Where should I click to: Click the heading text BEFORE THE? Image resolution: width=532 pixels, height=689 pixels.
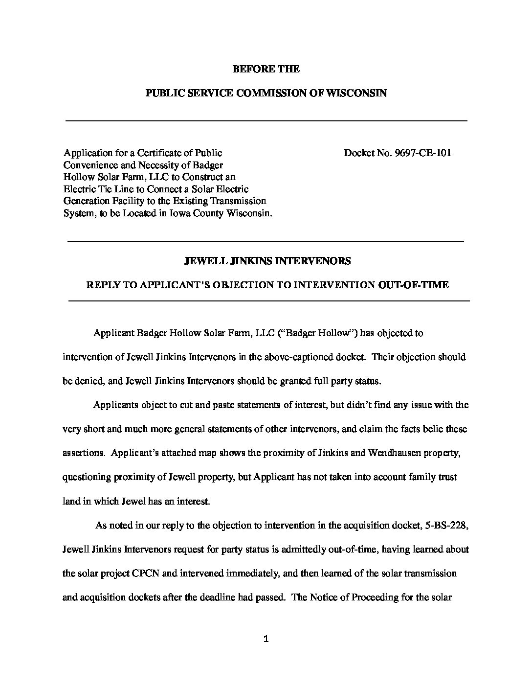(x=266, y=69)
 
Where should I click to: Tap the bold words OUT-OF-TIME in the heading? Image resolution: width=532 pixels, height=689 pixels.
(x=414, y=285)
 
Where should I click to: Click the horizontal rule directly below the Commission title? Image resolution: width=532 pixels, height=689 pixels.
(x=266, y=120)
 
